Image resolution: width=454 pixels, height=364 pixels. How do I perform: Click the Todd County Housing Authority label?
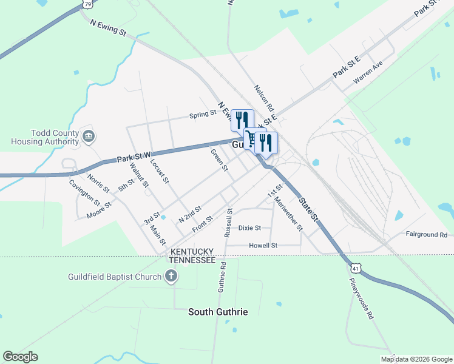point(45,137)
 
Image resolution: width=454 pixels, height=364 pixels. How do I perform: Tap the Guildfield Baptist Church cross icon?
point(172,277)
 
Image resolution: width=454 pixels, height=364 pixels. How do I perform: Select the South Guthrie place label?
point(218,312)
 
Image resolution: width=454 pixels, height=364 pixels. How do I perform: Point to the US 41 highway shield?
point(355,266)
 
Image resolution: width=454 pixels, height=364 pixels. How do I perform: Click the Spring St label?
point(203,114)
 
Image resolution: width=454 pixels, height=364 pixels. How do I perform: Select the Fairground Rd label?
point(426,234)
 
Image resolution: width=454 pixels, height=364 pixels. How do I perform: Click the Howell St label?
point(263,246)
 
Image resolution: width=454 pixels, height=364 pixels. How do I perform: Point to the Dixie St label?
point(249,228)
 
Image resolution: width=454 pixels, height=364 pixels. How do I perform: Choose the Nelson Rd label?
point(265,96)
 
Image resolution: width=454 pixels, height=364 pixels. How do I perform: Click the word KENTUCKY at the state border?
point(192,251)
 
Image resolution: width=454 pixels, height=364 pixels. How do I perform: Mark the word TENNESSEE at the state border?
point(192,260)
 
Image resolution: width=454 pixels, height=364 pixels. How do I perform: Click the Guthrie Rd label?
point(223,277)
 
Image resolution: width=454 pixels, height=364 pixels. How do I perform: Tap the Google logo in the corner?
point(20,357)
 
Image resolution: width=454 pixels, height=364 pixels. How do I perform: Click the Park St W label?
point(134,158)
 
